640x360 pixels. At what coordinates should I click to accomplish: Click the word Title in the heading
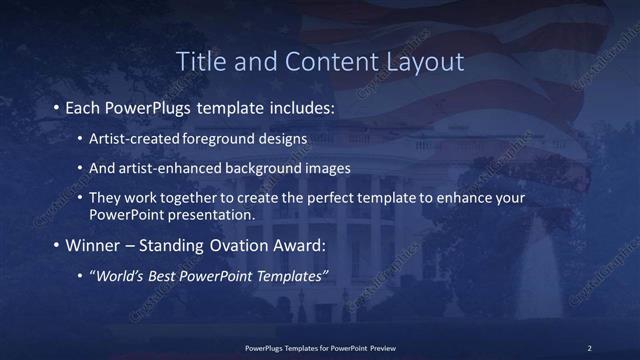coord(200,61)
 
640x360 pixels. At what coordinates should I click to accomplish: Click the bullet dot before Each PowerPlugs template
coord(54,106)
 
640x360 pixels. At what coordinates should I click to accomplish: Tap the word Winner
coord(93,245)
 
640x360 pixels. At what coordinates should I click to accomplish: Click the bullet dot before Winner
coord(54,245)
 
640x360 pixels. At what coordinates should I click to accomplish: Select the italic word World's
coord(118,276)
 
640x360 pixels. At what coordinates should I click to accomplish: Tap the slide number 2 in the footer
coord(589,347)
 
